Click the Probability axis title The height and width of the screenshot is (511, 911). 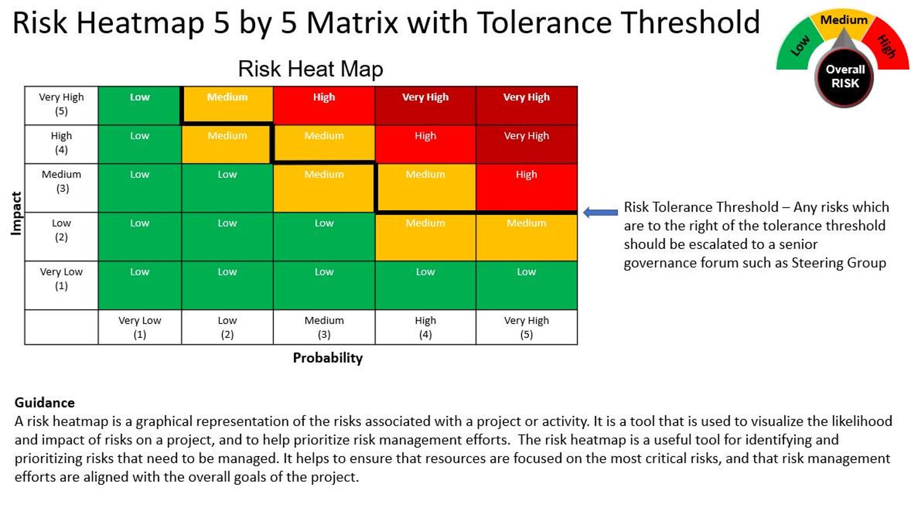click(x=328, y=358)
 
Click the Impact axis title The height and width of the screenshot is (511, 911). click(x=16, y=213)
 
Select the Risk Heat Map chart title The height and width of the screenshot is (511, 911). click(x=310, y=69)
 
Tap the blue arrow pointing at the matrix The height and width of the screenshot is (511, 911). click(x=600, y=212)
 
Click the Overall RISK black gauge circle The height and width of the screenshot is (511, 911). click(x=844, y=77)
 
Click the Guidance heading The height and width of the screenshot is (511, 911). click(x=44, y=403)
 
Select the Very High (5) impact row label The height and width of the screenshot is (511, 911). click(x=61, y=104)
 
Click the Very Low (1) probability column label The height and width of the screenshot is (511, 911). click(x=139, y=327)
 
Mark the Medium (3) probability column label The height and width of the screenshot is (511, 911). click(x=324, y=327)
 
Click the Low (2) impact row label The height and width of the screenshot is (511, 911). click(x=61, y=230)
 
